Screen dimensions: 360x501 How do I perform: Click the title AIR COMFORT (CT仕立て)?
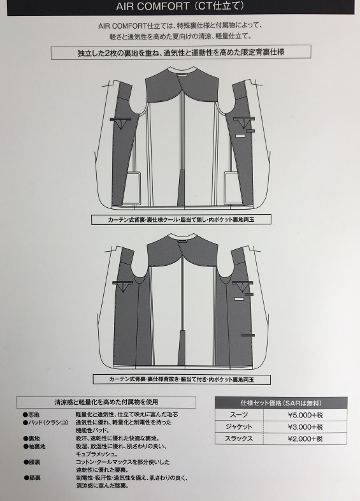(181, 6)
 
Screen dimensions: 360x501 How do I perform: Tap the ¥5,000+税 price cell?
(305, 415)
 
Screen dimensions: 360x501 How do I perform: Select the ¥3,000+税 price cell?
(305, 427)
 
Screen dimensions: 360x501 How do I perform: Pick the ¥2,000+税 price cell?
(305, 439)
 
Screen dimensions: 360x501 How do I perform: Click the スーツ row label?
(238, 415)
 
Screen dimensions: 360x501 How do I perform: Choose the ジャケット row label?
(238, 427)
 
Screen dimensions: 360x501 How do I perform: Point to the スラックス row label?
(238, 439)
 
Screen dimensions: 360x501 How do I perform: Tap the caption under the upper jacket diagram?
(181, 219)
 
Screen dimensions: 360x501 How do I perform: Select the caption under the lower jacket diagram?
(182, 380)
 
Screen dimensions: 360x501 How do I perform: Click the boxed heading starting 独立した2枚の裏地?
(181, 52)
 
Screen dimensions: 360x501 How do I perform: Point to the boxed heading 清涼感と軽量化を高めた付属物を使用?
(106, 402)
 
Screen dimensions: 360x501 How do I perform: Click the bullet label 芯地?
(31, 415)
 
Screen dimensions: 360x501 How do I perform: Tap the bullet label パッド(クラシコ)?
(46, 423)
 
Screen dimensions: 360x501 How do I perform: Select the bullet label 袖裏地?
(34, 446)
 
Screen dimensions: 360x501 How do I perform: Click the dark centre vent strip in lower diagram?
(182, 347)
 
